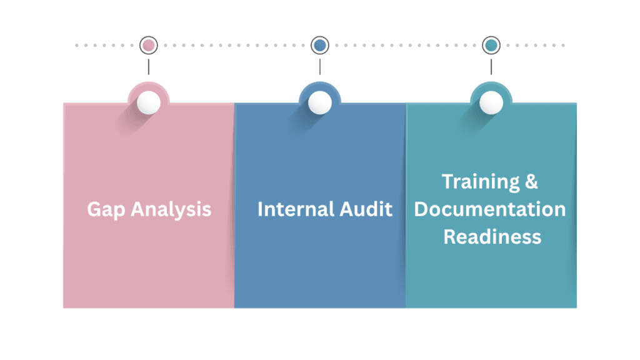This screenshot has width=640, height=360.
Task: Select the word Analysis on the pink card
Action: click(171, 209)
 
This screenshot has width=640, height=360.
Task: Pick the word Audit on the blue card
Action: click(364, 209)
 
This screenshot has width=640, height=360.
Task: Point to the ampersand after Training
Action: click(531, 181)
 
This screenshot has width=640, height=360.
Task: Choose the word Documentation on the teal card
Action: click(490, 209)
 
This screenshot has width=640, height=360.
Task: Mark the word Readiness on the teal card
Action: click(492, 237)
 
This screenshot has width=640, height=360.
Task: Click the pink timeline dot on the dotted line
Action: click(148, 45)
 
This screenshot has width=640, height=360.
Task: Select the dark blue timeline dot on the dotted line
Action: click(320, 45)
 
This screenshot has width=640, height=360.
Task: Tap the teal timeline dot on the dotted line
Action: click(491, 45)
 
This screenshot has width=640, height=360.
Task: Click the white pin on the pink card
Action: click(148, 102)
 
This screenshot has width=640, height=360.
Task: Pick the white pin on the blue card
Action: click(320, 102)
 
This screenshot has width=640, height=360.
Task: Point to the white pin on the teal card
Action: click(491, 102)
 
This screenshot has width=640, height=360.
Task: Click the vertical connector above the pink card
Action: click(148, 66)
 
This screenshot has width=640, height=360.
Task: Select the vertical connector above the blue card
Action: click(320, 66)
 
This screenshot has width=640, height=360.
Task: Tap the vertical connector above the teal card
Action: click(491, 66)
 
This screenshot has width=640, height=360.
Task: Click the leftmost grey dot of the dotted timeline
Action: click(77, 45)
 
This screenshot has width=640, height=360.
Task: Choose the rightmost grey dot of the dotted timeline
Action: click(562, 45)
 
